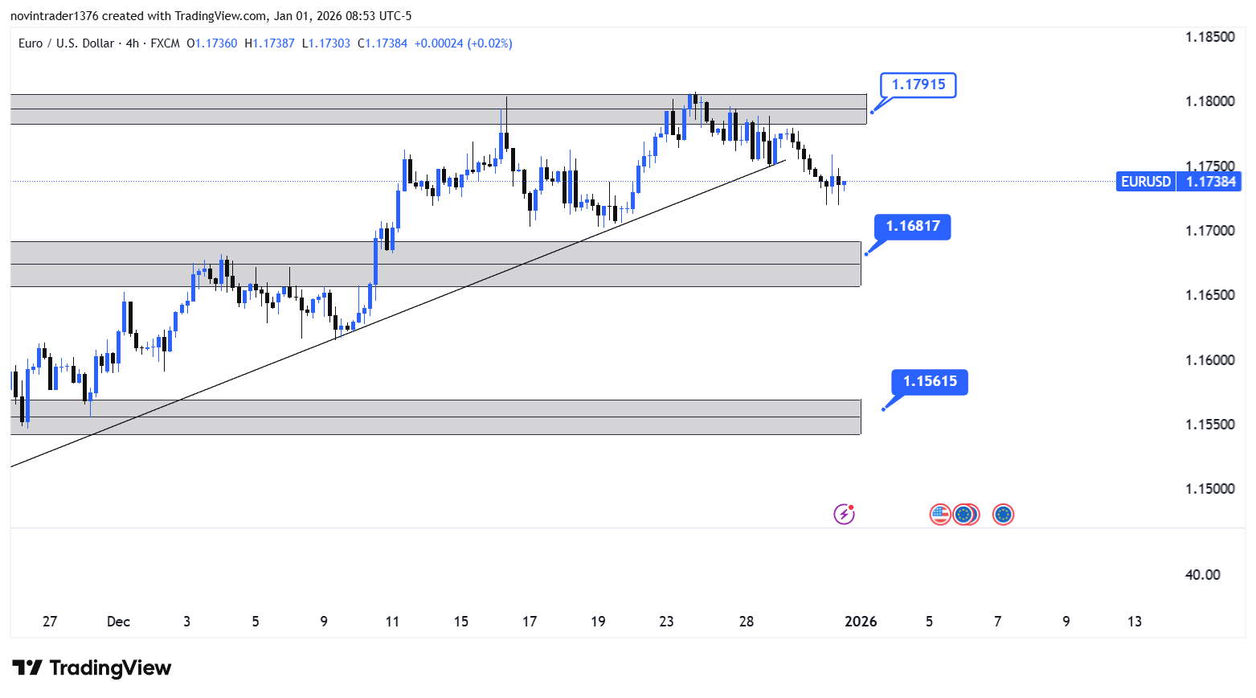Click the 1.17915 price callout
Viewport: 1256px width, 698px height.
918,84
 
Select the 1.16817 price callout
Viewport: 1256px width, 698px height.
913,227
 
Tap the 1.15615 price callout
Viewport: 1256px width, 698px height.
930,382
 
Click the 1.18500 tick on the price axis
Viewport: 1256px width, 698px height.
1209,37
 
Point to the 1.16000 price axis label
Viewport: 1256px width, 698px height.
1209,360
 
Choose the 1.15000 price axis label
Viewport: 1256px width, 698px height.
1209,489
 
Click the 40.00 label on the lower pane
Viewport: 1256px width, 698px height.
1202,575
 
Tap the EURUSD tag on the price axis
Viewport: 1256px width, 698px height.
1145,182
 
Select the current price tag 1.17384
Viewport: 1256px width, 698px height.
1209,182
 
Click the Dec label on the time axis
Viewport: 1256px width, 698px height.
118,622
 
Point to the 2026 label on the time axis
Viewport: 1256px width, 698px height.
861,622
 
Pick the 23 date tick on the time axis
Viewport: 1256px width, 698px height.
666,622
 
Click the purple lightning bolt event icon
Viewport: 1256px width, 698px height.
844,515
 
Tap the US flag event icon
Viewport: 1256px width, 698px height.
940,515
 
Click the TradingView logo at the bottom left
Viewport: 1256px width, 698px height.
92,668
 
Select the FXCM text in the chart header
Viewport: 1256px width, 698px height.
165,43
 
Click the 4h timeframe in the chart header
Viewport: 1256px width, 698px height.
133,43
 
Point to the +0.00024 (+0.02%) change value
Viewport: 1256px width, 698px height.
463,43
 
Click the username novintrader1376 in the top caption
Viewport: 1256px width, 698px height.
54,16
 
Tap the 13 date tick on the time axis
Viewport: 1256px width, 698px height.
1134,622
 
